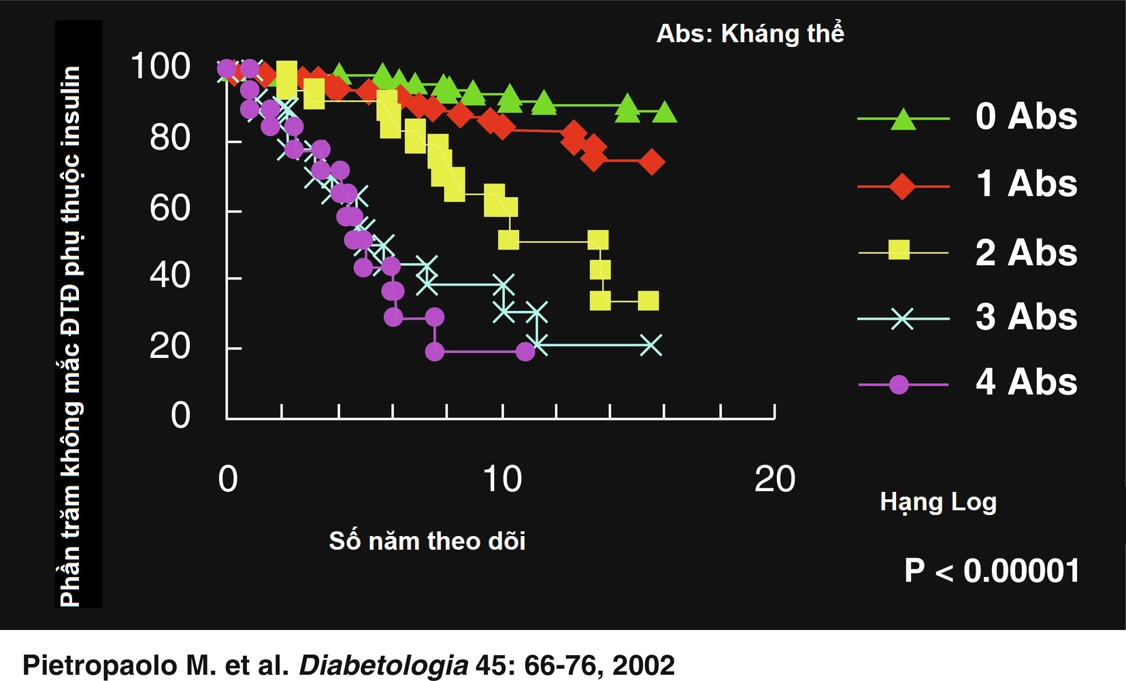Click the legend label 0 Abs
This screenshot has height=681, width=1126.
(1026, 116)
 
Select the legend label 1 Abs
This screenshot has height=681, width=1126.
(1026, 184)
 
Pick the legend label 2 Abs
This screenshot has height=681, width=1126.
(1026, 253)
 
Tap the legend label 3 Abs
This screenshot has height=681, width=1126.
(1026, 317)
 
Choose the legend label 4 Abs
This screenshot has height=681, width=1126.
(1026, 382)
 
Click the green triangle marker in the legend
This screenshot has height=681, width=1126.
(903, 119)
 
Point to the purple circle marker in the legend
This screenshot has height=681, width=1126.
(899, 385)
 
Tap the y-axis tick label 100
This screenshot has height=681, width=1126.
(160, 67)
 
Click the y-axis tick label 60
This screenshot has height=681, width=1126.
(169, 208)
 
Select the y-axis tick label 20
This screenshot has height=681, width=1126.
(169, 346)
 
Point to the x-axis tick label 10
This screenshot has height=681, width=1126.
(502, 479)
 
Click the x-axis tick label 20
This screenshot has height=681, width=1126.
(774, 479)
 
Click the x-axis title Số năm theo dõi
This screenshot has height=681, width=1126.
(427, 541)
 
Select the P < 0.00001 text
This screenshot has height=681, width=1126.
(991, 571)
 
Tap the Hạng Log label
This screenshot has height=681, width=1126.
(938, 502)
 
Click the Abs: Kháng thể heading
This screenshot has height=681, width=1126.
(750, 33)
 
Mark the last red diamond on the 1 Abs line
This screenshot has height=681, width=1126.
(652, 162)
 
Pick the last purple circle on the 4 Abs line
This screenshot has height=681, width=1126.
(525, 352)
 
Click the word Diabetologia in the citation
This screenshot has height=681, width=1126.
(384, 665)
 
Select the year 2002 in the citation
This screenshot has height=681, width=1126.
(643, 665)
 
